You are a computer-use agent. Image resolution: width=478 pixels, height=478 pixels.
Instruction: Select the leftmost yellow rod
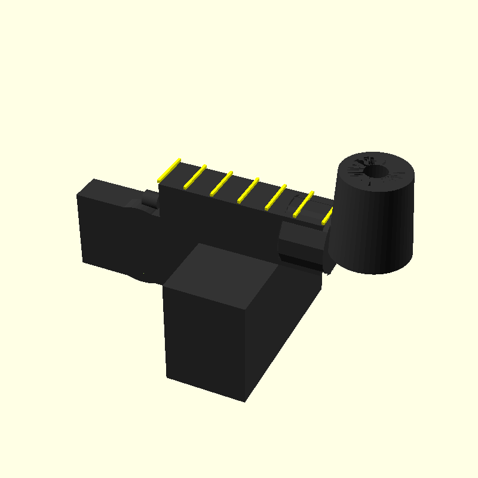(x=169, y=170)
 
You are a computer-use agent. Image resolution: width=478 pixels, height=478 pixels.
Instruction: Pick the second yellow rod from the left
(x=195, y=177)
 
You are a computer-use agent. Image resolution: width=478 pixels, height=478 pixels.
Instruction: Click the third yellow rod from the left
(x=222, y=183)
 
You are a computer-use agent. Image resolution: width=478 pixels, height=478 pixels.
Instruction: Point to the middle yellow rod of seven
(x=248, y=190)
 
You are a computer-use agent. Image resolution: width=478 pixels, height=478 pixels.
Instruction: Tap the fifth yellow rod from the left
(x=275, y=197)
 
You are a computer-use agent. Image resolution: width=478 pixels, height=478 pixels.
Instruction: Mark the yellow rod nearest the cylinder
(x=328, y=215)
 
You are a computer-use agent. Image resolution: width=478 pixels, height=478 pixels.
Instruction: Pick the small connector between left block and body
(x=149, y=200)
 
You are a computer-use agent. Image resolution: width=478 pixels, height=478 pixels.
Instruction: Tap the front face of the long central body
(x=221, y=221)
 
